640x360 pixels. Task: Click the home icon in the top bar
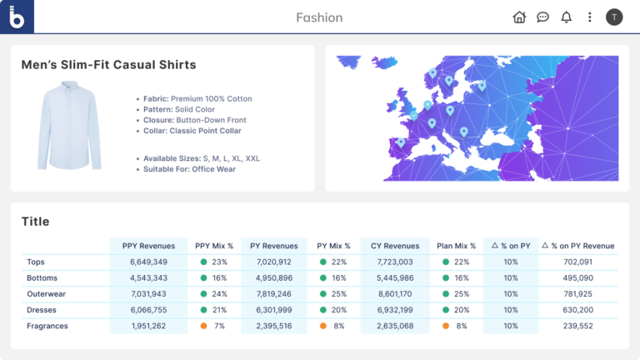pyautogui.click(x=519, y=17)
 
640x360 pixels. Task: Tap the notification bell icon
pyautogui.click(x=567, y=17)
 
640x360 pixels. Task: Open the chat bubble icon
pyautogui.click(x=542, y=17)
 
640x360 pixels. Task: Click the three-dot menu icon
pyautogui.click(x=590, y=17)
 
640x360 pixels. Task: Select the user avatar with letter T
pyautogui.click(x=614, y=17)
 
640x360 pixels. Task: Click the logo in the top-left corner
pyautogui.click(x=17, y=17)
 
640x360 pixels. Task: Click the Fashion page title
pyautogui.click(x=319, y=17)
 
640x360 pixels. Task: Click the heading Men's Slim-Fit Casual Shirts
pyautogui.click(x=108, y=65)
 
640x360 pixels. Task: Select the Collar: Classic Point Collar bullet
pyautogui.click(x=192, y=131)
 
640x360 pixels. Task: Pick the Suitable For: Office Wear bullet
pyautogui.click(x=189, y=169)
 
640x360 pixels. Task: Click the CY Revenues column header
pyautogui.click(x=395, y=246)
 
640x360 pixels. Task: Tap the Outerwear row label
pyautogui.click(x=46, y=294)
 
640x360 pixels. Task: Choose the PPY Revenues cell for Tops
pyautogui.click(x=149, y=262)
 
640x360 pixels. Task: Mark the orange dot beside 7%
pyautogui.click(x=204, y=326)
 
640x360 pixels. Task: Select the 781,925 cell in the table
pyautogui.click(x=577, y=294)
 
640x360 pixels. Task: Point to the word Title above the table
pyautogui.click(x=36, y=222)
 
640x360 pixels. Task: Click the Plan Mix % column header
pyautogui.click(x=456, y=246)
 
